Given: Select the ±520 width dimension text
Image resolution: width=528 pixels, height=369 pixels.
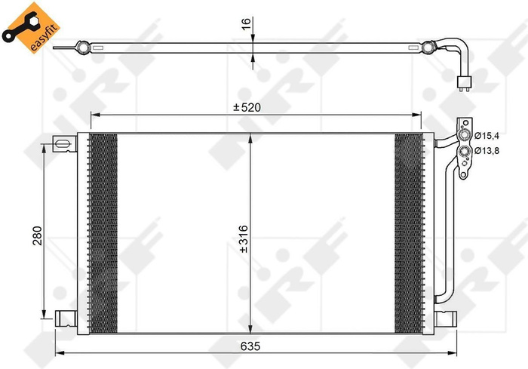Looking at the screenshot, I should [247, 108].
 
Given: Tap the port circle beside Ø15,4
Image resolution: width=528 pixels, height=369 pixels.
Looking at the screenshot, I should [467, 137].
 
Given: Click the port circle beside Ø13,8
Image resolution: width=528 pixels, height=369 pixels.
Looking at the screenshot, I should [467, 152].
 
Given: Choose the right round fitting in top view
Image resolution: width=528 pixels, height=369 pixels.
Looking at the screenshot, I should [428, 48].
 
